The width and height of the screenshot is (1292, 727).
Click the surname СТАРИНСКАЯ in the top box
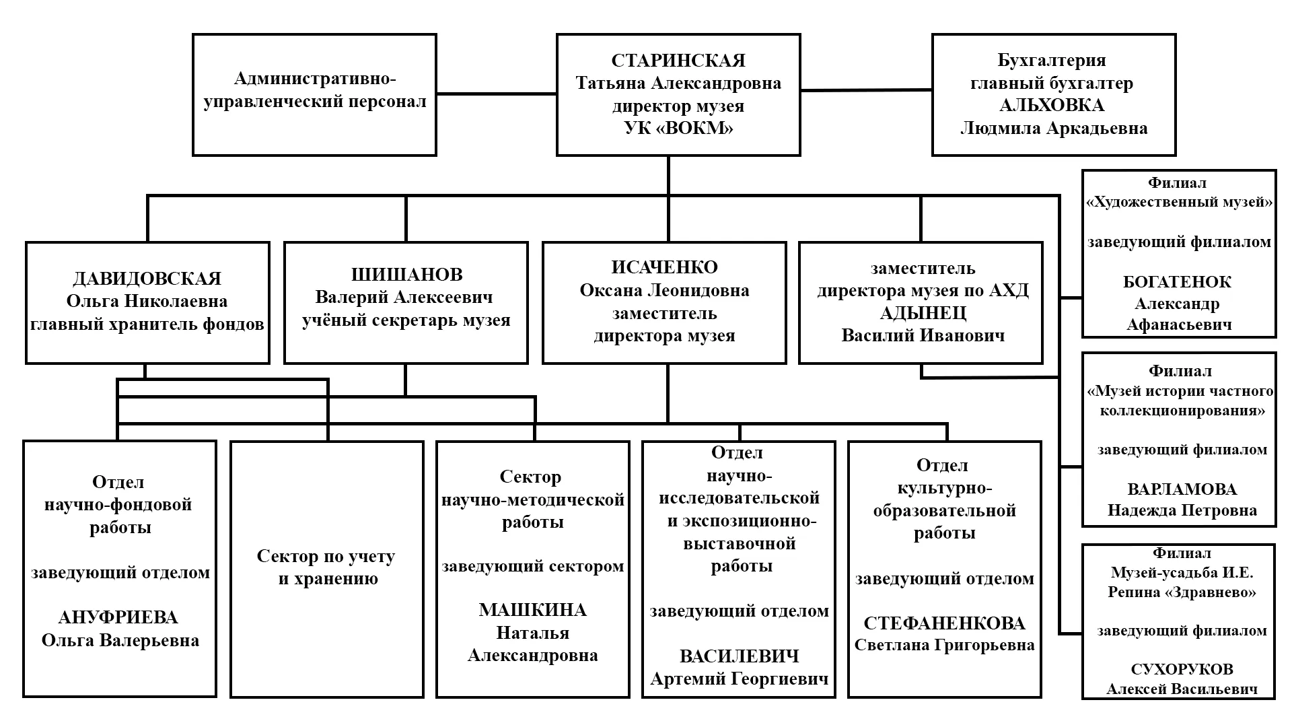click(678, 61)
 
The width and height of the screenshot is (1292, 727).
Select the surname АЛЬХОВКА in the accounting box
click(1052, 106)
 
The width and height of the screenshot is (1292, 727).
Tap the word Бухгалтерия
click(1052, 61)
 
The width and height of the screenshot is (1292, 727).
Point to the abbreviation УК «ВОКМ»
click(678, 128)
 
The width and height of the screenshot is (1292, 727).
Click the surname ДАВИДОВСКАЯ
click(147, 279)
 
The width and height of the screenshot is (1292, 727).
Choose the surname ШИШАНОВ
click(406, 275)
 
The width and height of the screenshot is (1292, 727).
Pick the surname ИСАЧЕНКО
click(664, 267)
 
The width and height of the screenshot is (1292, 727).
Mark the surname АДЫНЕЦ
click(923, 313)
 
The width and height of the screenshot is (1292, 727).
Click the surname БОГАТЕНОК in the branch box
click(1177, 282)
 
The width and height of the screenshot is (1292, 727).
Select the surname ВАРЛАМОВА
click(1182, 489)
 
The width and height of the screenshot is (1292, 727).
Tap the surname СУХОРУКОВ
click(1182, 669)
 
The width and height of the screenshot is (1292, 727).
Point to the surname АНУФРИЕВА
click(118, 617)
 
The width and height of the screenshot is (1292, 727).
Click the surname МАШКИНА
click(532, 610)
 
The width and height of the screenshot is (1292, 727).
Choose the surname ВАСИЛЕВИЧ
click(739, 656)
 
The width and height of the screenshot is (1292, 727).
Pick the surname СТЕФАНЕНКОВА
click(944, 623)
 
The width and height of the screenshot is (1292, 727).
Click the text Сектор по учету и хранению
click(326, 567)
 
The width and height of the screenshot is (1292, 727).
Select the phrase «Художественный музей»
click(1180, 202)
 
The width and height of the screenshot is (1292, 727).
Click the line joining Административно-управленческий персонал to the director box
click(497, 94)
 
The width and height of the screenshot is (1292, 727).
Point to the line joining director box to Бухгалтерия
click(866, 90)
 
